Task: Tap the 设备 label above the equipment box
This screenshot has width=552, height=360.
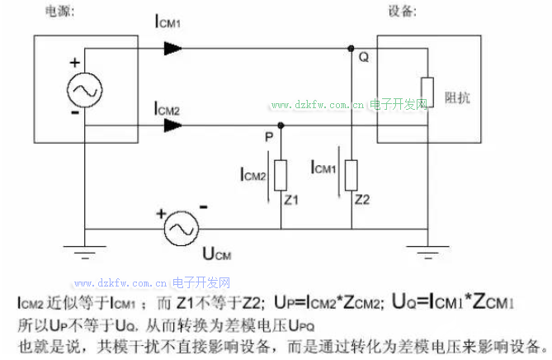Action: pos(402,12)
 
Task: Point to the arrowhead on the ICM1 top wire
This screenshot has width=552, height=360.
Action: pos(172,48)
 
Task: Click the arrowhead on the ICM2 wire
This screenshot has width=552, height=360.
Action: pos(172,126)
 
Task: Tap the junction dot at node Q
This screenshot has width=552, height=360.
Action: pos(351,48)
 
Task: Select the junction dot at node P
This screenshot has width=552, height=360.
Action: pos(281,126)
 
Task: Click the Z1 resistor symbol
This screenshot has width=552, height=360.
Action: pos(281,174)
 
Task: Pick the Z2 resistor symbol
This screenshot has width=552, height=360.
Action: pos(351,173)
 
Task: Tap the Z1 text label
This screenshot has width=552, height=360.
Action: pos(291,199)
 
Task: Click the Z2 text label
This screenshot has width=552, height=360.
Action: pos(362,199)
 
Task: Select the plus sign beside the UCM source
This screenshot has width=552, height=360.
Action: pos(161,213)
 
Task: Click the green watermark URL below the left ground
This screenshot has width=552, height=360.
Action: pos(153,282)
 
